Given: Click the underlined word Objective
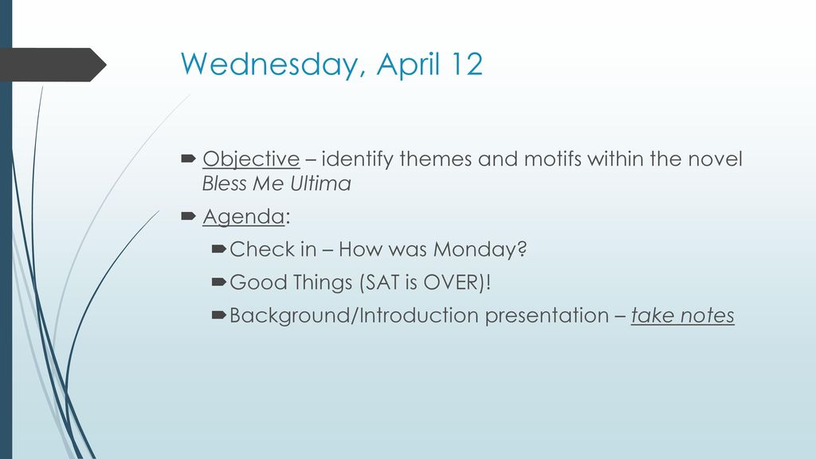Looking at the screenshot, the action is click(x=251, y=159).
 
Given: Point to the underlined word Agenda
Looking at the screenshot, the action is click(x=244, y=217).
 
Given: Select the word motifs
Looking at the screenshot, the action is click(x=553, y=159).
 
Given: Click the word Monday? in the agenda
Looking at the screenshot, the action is click(x=480, y=249).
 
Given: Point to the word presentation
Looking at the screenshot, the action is click(x=547, y=316).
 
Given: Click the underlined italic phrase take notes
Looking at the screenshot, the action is click(x=682, y=316).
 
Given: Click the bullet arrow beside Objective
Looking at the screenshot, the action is click(x=188, y=159).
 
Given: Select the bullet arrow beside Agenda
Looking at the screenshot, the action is click(x=188, y=215).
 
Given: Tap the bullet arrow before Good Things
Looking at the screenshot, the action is click(x=218, y=282).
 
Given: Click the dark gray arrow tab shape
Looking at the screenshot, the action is click(x=52, y=65).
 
